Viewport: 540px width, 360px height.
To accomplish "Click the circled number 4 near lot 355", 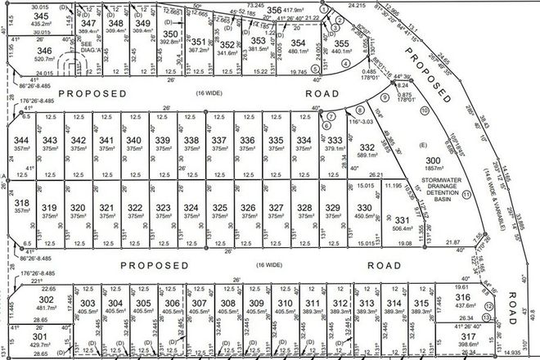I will [x=346, y=63].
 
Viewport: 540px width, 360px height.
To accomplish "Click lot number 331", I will [x=402, y=220].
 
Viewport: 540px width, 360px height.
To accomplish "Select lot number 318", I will [x=22, y=203].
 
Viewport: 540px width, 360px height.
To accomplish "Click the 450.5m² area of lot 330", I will [x=364, y=216].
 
